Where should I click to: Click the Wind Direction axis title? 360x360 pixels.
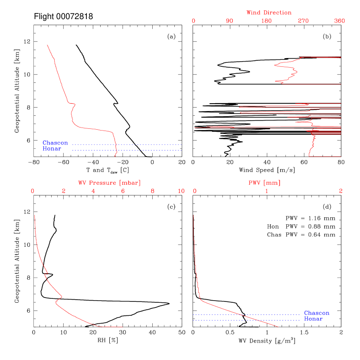[x=269, y=13]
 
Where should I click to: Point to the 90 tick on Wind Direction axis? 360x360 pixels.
[x=230, y=21]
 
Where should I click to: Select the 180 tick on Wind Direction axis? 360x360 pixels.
[x=266, y=21]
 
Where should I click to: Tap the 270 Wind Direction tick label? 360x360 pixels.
[x=303, y=21]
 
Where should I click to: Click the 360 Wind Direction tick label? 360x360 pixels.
[x=340, y=21]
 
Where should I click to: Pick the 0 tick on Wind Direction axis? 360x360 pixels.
[x=193, y=21]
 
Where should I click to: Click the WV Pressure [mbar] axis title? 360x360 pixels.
[x=109, y=183]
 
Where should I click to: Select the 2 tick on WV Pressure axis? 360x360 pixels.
[x=63, y=191]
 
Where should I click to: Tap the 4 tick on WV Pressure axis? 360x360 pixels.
[x=93, y=191]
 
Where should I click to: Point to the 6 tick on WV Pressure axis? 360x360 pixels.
[x=123, y=191]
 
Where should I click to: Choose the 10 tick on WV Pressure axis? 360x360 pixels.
[x=181, y=191]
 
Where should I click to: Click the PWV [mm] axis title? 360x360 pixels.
[x=264, y=183]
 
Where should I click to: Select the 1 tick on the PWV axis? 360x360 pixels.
[x=267, y=191]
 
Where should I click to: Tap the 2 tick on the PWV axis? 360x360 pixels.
[x=340, y=191]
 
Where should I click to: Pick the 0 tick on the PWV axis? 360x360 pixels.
[x=195, y=191]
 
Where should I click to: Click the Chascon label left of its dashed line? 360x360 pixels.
[x=55, y=143]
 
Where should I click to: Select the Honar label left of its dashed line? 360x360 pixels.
[x=52, y=149]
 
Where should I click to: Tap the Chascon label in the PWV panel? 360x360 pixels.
[x=317, y=313]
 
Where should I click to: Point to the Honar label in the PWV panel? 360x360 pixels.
[x=313, y=319]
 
